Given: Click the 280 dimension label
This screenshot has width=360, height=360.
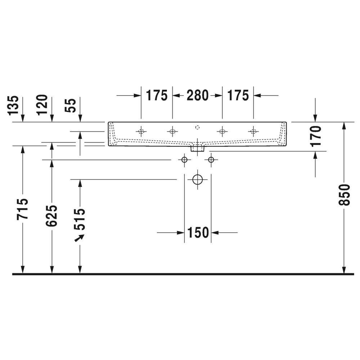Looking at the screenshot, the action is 197,95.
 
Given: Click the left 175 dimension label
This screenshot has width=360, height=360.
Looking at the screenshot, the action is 157,95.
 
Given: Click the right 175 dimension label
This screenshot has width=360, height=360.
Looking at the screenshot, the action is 238,95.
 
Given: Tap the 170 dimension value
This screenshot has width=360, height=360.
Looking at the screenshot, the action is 315,136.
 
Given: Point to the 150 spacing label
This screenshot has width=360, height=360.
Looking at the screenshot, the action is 198,233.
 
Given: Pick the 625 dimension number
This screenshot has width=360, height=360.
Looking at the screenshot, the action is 51,216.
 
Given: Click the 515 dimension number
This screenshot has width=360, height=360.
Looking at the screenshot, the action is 80,219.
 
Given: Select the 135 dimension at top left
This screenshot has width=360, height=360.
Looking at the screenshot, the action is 13,105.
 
